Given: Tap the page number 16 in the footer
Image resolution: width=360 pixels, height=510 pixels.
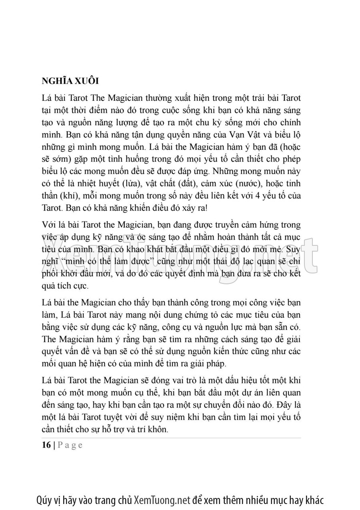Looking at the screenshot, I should click(x=46, y=445).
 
